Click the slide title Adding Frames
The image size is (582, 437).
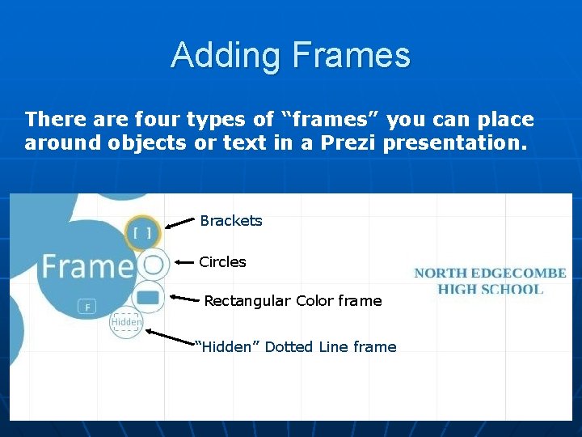point(290,56)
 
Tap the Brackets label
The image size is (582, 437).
point(231,221)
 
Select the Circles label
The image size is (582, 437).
point(222,262)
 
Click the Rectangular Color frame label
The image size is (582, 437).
point(293,301)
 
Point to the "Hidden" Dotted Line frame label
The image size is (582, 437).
point(297,347)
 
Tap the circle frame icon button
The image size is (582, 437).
point(152,265)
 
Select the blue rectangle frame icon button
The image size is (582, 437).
point(148,298)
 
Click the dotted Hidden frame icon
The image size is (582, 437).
point(126,323)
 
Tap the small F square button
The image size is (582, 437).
point(87,307)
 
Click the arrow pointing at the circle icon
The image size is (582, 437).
point(183,263)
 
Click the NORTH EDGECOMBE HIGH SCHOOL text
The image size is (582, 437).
point(490,281)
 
